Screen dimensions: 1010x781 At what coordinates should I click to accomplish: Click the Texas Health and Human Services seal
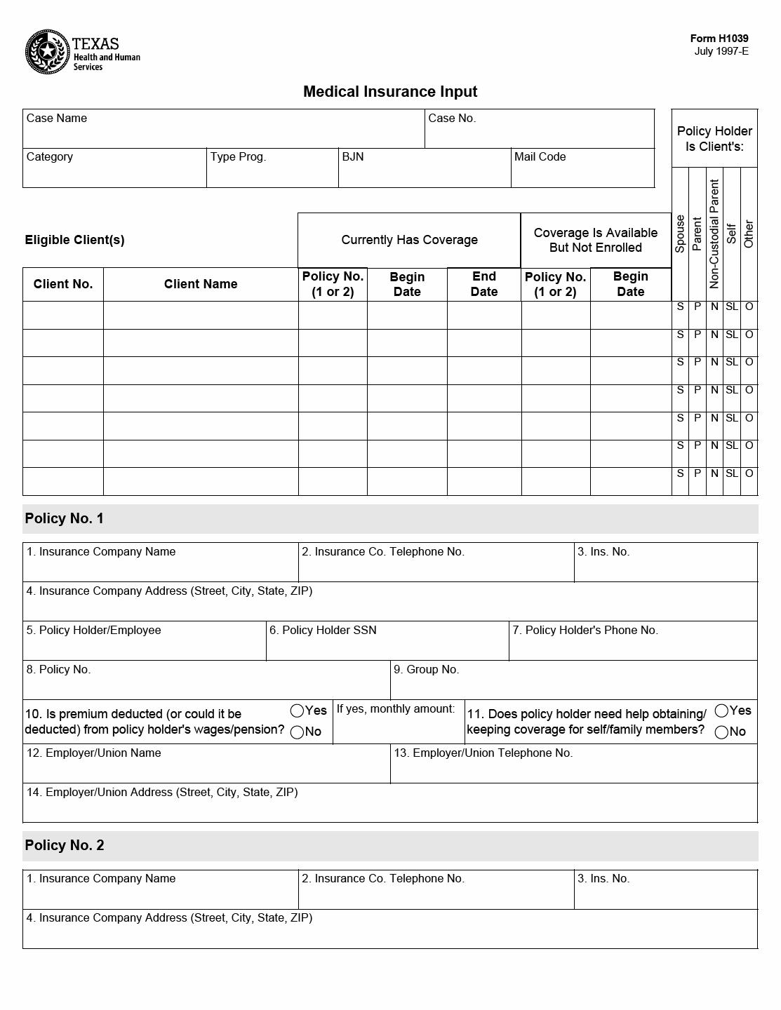pos(47,52)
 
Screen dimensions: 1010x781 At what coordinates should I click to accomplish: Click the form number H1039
pos(719,39)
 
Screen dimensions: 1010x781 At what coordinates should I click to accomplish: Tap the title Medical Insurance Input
pos(390,92)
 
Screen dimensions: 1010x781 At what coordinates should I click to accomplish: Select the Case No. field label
pos(452,119)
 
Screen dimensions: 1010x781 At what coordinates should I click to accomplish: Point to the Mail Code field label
pos(540,157)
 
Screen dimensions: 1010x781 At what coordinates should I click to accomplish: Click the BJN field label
pos(353,157)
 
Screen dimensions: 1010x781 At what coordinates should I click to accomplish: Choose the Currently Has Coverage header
pos(409,240)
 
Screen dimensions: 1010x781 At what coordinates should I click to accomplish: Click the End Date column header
pos(484,284)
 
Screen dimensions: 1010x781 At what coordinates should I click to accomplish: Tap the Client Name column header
pos(201,284)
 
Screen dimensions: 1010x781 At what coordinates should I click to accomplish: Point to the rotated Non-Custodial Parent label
pos(714,234)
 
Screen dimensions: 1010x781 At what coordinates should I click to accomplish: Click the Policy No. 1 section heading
pos(65,519)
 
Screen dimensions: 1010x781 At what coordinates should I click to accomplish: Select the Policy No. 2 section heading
pos(65,846)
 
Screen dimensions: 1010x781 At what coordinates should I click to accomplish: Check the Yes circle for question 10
pos(297,711)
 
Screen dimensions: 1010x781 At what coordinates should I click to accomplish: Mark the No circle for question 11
pos(721,732)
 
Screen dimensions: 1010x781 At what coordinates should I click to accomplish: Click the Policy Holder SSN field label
pos(323,631)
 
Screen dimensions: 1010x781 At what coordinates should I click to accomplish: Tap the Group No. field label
pos(426,670)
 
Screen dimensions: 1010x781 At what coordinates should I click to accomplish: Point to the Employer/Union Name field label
pos(93,753)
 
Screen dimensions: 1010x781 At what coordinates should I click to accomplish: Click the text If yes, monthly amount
pos(396,709)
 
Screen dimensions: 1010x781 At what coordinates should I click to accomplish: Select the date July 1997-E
pos(721,51)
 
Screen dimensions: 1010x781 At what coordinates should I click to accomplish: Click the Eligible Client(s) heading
pos(74,240)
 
